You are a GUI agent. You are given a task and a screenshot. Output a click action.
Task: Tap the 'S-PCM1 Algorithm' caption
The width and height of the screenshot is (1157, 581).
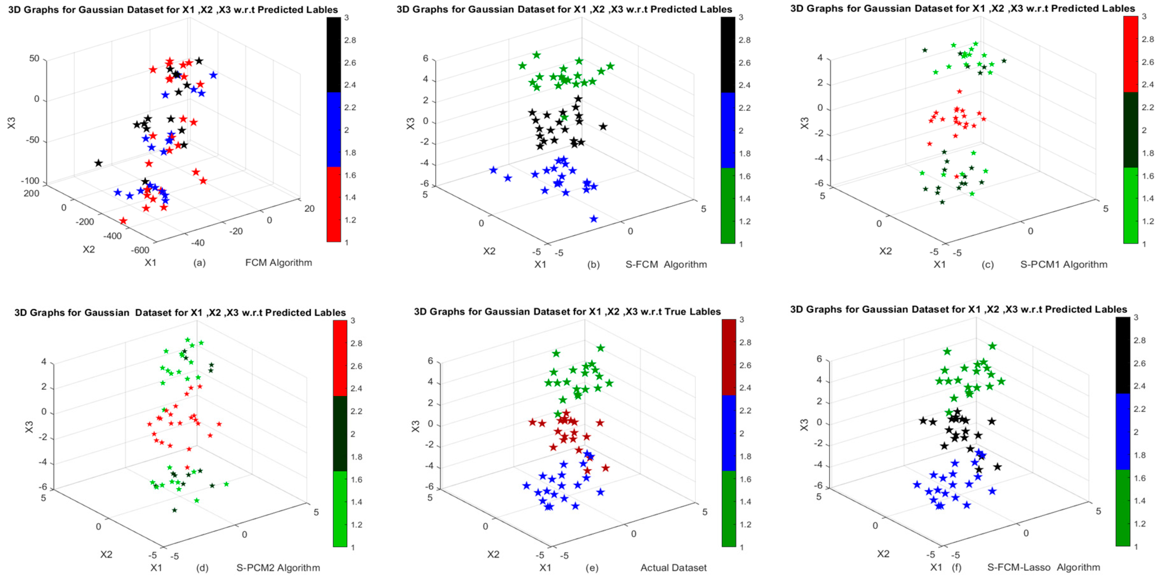tap(1064, 265)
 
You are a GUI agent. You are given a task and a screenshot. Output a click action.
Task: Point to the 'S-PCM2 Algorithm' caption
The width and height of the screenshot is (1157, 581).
tap(278, 568)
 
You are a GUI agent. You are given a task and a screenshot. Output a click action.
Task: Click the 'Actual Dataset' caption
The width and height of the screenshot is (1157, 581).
tap(673, 568)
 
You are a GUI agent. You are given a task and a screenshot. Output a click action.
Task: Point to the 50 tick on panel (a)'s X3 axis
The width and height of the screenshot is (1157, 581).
tap(35, 59)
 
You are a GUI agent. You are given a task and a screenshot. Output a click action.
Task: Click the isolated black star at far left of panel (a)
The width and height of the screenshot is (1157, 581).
tap(98, 163)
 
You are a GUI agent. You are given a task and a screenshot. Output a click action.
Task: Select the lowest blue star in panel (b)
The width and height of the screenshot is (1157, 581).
tap(594, 219)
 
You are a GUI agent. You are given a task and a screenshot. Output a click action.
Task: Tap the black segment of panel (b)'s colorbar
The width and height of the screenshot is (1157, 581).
tap(728, 55)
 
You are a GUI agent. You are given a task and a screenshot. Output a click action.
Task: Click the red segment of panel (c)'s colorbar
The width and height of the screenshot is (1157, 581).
tap(1131, 54)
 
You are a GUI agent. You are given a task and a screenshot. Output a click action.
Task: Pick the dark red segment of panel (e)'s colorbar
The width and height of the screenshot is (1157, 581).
tap(728, 357)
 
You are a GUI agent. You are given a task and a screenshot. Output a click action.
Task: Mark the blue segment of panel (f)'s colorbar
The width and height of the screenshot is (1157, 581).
tap(1122, 431)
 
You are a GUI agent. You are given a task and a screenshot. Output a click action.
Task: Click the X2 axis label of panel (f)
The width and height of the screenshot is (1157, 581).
tap(883, 554)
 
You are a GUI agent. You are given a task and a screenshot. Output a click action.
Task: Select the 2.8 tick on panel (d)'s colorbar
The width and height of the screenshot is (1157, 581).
tap(356, 344)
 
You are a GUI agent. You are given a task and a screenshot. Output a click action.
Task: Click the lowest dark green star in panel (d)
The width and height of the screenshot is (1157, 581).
tap(175, 510)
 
